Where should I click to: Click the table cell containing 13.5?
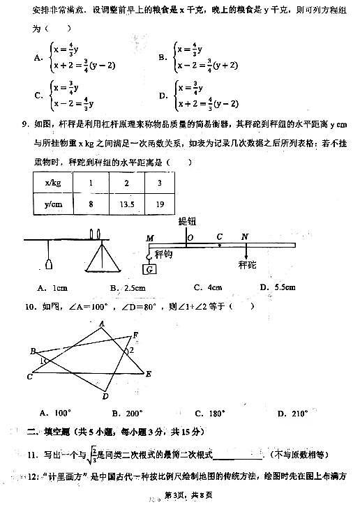126,205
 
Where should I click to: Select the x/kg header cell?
52,183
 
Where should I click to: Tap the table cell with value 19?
161,205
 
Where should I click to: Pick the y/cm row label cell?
52,205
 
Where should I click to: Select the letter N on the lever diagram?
245,237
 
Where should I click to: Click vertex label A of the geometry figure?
102,323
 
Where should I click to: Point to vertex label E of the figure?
149,374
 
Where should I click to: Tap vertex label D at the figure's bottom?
105,396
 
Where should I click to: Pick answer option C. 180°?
207,414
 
